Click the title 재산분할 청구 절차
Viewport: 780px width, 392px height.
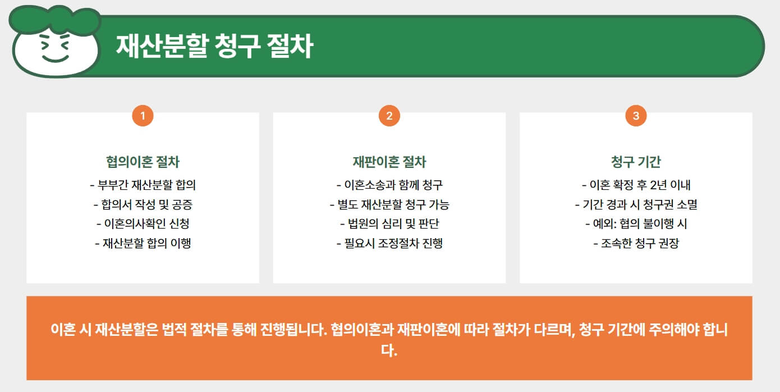tap(214, 47)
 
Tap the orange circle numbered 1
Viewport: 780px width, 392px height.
tap(143, 116)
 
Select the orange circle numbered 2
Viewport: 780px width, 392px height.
tap(389, 116)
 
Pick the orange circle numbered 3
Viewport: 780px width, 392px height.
tap(636, 116)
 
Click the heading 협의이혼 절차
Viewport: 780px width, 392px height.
tap(143, 162)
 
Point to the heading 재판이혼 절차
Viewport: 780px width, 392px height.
tap(389, 162)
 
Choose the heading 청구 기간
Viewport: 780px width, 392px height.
tap(636, 162)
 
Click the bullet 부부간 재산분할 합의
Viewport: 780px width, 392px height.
tap(143, 185)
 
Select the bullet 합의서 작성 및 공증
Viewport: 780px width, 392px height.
tap(143, 204)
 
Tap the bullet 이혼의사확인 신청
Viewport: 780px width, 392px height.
tap(143, 224)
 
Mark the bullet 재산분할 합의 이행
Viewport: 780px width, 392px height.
tap(143, 243)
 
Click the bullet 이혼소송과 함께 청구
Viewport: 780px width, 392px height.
tap(389, 185)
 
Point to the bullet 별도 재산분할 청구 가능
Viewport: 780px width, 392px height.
tap(389, 204)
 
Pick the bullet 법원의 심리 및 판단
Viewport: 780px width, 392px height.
tap(389, 224)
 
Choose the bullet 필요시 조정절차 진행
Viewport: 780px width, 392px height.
tap(389, 243)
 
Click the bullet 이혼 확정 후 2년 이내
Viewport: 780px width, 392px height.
tap(636, 185)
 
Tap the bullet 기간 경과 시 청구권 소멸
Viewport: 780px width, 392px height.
tap(636, 204)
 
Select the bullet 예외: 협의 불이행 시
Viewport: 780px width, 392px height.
tap(636, 224)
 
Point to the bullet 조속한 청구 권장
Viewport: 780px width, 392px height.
tap(636, 243)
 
